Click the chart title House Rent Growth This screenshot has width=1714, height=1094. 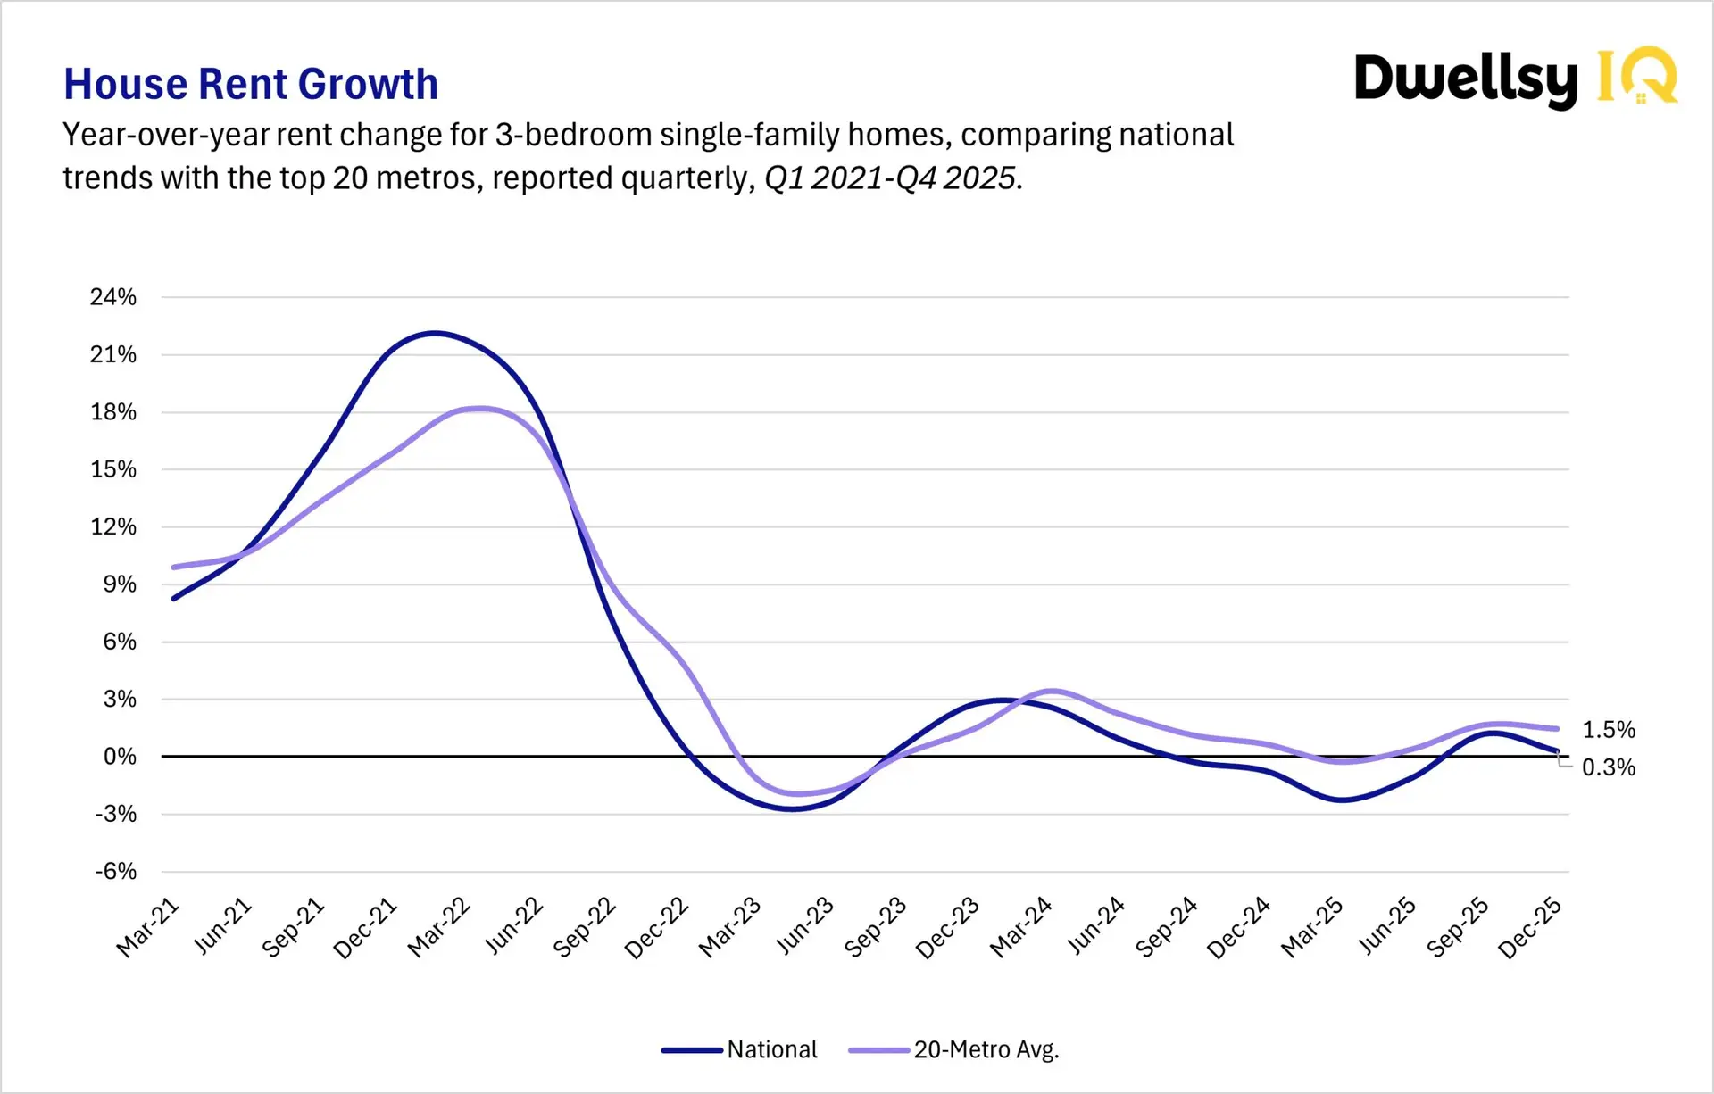coord(251,85)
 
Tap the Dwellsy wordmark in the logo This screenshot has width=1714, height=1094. coord(1466,79)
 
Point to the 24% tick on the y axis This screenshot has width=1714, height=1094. coord(113,297)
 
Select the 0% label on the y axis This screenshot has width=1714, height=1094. coord(120,757)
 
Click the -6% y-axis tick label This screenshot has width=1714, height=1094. coord(116,871)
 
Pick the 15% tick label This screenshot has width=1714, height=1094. coord(113,469)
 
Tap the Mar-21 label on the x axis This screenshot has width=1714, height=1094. coord(148,928)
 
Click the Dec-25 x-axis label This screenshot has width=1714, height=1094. coord(1530,928)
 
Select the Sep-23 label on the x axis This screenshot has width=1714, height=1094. coord(876,928)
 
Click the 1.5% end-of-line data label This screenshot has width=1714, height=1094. coord(1609,730)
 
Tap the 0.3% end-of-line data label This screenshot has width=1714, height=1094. coord(1609,767)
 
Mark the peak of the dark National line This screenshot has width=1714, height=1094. coord(434,333)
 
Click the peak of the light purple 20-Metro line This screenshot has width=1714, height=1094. coord(480,409)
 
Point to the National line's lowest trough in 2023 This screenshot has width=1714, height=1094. coord(793,809)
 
